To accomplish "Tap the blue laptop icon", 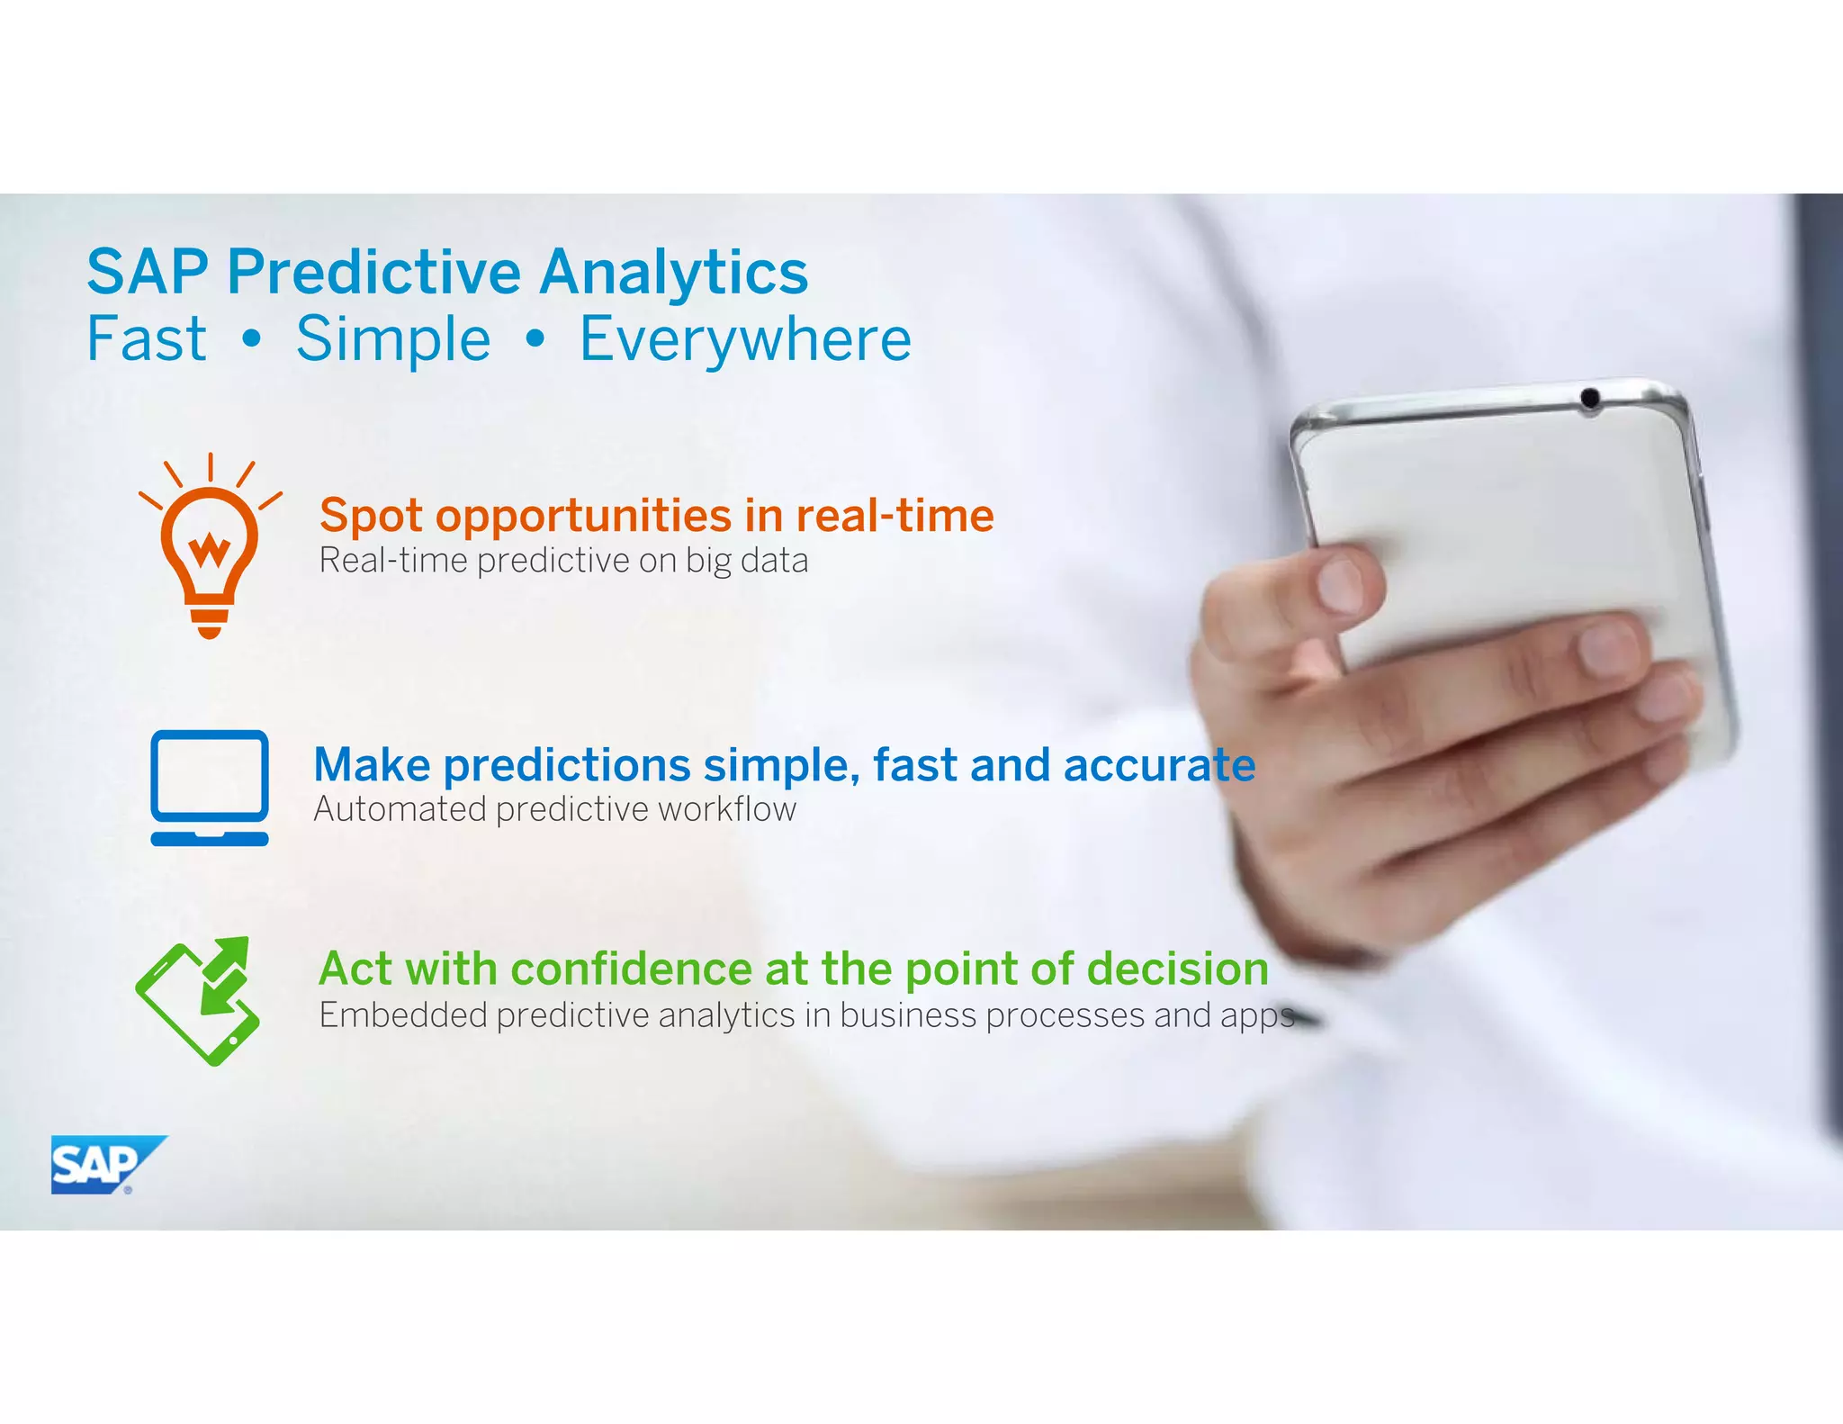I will coord(210,788).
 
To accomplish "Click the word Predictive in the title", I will coord(373,272).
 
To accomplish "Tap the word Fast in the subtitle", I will coord(147,339).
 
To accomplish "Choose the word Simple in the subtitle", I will coord(393,339).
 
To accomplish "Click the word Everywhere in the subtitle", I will coord(745,339).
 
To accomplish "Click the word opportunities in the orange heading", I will coord(584,517).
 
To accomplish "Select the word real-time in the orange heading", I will coord(895,515).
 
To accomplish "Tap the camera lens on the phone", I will coord(1589,397).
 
